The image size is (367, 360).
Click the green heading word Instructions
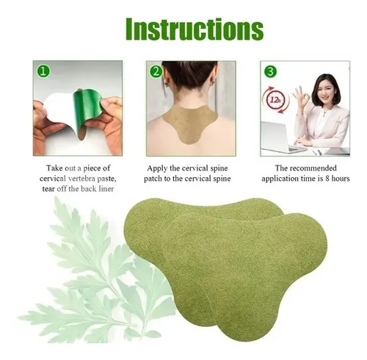coord(195,29)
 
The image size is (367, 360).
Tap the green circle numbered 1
coord(43,72)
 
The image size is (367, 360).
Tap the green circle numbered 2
coord(156,72)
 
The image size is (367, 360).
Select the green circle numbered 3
coord(270,72)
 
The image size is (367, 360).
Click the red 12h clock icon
coord(275,100)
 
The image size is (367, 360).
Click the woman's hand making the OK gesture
coord(300,98)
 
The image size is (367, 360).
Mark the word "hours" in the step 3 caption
coord(341,179)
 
